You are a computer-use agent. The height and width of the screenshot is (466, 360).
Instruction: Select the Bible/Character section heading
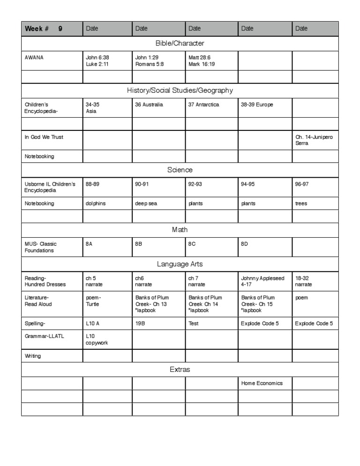tap(180, 44)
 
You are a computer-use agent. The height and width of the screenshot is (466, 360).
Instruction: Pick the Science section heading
tap(180, 170)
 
